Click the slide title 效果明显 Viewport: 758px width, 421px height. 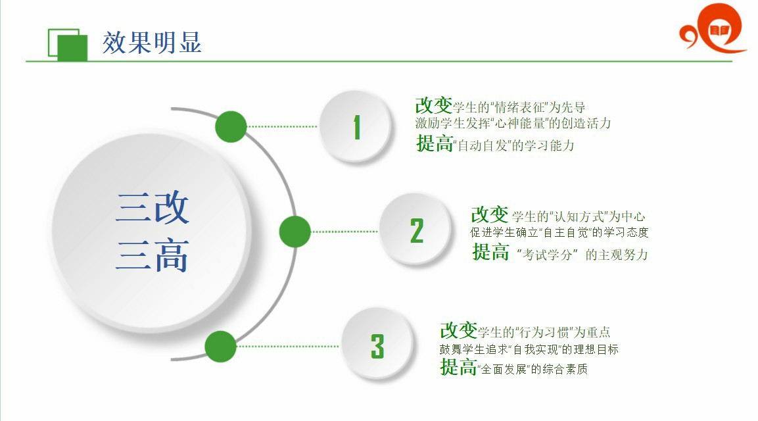point(152,43)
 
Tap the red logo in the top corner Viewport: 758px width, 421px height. point(712,28)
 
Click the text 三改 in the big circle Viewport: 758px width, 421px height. point(153,208)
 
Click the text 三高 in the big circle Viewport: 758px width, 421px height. point(153,255)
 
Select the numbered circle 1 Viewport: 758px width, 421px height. point(355,126)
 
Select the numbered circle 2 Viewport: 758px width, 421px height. point(415,230)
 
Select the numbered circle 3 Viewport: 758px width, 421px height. point(377,345)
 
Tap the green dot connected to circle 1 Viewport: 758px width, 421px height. point(231,127)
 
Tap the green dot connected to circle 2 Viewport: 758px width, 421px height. point(295,232)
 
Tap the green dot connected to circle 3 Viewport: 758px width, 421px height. point(220,347)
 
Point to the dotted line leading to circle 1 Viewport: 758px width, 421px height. point(282,127)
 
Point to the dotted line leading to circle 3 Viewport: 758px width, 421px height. point(288,347)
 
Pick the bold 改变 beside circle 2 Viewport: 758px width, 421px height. point(489,214)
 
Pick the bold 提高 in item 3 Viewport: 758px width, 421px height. point(458,367)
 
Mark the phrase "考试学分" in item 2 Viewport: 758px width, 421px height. point(547,255)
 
